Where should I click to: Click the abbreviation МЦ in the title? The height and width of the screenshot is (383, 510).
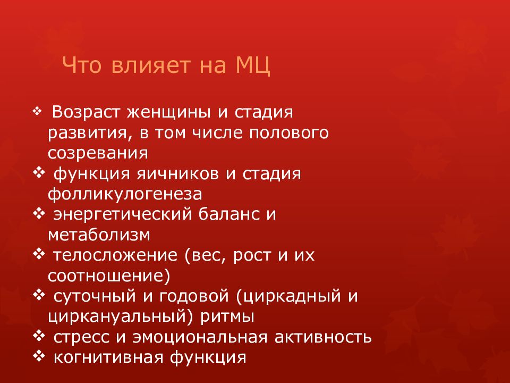(x=252, y=67)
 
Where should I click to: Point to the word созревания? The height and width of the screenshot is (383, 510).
(x=97, y=153)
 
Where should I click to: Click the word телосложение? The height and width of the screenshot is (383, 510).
(x=115, y=255)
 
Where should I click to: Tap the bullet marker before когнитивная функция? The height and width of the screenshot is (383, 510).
(x=39, y=356)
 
